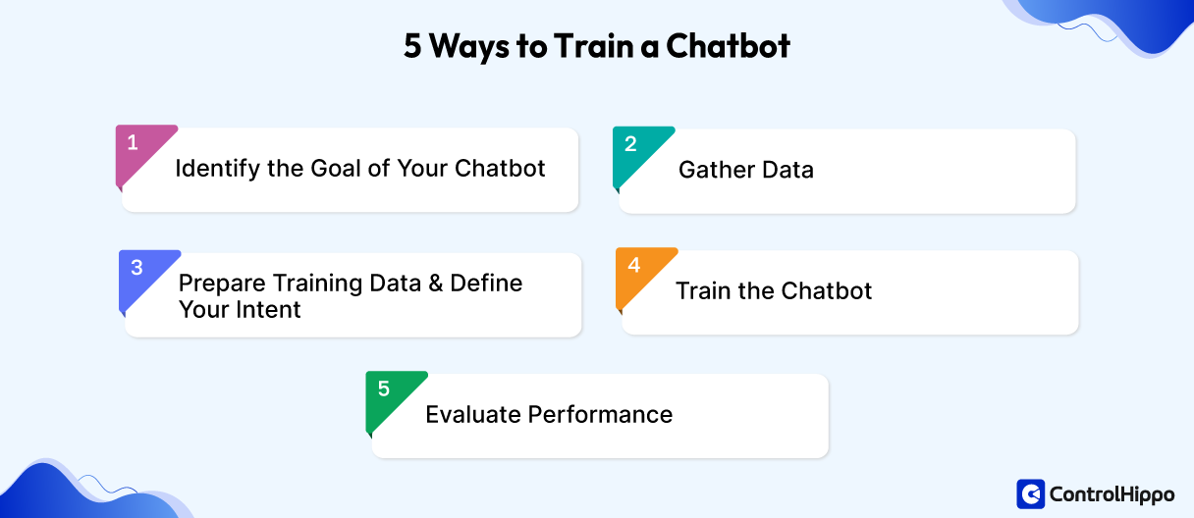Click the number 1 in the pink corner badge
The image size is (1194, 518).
tap(133, 143)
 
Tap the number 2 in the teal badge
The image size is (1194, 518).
tap(630, 144)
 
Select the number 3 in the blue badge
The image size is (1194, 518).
tap(136, 268)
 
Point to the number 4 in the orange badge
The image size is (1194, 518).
tap(634, 265)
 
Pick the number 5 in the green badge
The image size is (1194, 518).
tap(383, 389)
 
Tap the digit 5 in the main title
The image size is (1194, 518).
tap(412, 46)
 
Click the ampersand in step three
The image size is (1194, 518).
tap(437, 284)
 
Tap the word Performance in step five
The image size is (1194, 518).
tap(601, 414)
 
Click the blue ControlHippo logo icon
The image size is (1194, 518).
tap(1030, 493)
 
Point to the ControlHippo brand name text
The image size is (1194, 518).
tap(1112, 493)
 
